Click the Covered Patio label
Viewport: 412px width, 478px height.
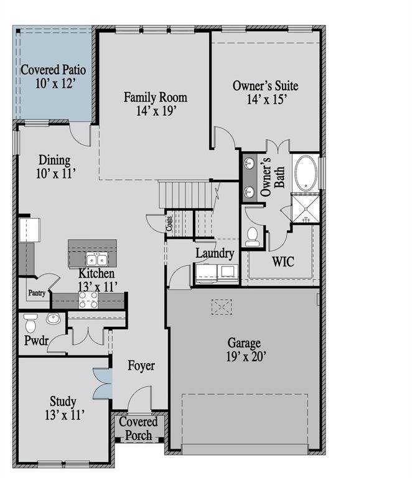[x=53, y=75]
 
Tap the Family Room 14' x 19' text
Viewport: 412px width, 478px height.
[x=155, y=104]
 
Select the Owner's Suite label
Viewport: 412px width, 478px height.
[x=265, y=91]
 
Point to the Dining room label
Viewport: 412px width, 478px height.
[x=55, y=167]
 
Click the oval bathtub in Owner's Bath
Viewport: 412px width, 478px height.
[x=306, y=172]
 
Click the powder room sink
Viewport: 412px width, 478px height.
[x=53, y=321]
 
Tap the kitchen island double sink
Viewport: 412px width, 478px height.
[x=97, y=259]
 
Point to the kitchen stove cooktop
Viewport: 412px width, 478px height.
[x=88, y=300]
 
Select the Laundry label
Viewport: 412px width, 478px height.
[x=215, y=253]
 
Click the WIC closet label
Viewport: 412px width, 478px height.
[x=283, y=261]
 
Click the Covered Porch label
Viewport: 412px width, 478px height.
[x=138, y=428]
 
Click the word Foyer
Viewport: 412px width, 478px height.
[x=141, y=365]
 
